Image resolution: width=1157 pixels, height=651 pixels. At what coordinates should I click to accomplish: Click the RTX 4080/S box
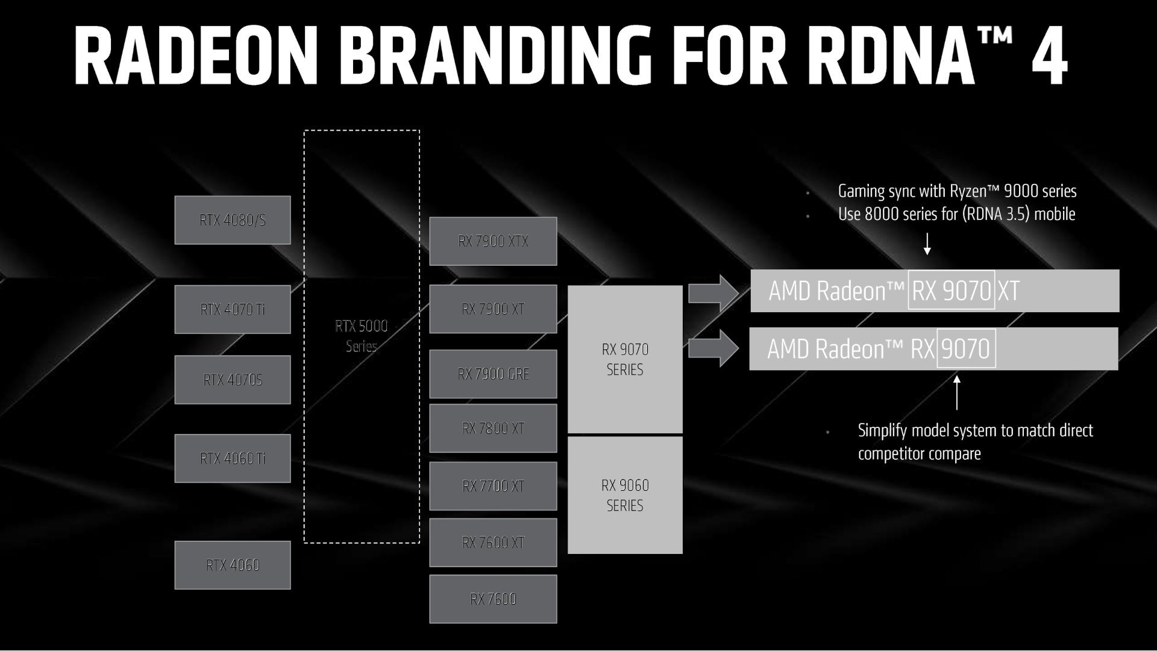click(x=232, y=220)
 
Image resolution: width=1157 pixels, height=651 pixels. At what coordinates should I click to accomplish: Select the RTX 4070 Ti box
click(x=232, y=309)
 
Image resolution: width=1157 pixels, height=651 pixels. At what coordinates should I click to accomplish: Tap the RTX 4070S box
click(x=232, y=380)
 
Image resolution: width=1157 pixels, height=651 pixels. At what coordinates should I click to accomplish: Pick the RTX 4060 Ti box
click(x=232, y=458)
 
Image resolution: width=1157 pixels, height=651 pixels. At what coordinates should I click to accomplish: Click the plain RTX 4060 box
click(x=232, y=565)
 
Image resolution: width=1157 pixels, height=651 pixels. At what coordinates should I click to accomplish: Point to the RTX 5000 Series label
click(x=362, y=336)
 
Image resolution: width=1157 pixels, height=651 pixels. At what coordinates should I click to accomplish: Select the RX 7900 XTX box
click(x=493, y=241)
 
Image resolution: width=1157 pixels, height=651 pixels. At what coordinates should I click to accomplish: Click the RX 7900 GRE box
click(x=493, y=374)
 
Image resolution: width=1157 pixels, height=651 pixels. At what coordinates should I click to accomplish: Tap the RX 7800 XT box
click(x=493, y=428)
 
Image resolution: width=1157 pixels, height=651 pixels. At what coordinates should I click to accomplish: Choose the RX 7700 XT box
click(x=493, y=486)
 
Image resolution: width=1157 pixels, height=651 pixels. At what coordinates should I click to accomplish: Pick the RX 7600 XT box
click(x=493, y=542)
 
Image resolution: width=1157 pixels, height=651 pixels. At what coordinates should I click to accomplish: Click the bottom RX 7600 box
click(x=493, y=599)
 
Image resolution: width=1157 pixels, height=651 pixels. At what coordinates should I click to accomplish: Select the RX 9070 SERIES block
click(x=625, y=359)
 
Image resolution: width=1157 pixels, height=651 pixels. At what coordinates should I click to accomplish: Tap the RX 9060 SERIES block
click(x=625, y=495)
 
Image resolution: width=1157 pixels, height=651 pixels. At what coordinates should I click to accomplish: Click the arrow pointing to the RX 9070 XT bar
click(x=713, y=293)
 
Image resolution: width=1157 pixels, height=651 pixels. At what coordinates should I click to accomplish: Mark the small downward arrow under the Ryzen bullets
click(x=927, y=244)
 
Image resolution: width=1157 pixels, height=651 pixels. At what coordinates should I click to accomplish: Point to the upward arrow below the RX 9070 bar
click(x=957, y=392)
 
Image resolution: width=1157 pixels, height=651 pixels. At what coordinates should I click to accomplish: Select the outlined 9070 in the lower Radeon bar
click(x=966, y=348)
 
